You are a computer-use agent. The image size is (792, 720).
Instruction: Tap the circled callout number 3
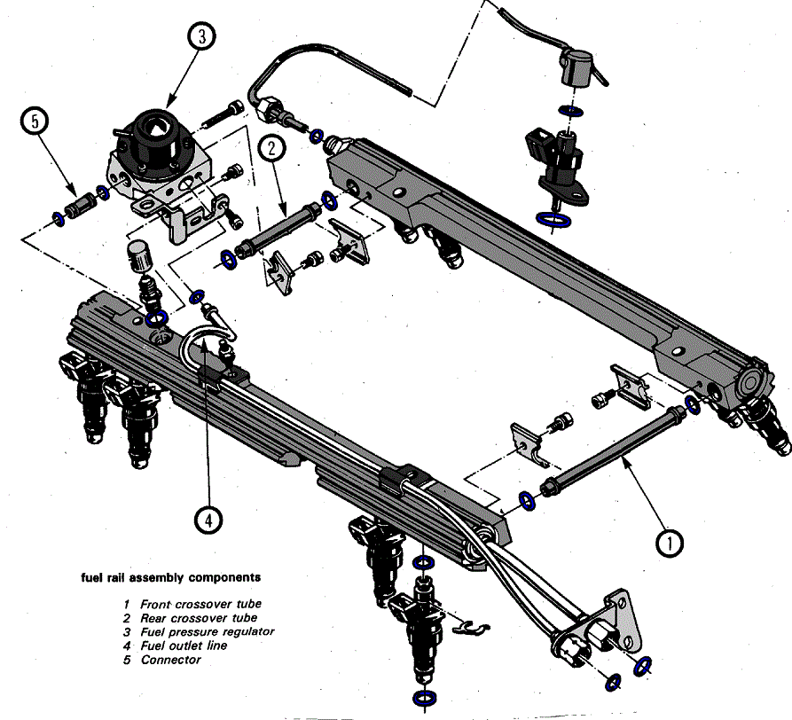click(x=202, y=36)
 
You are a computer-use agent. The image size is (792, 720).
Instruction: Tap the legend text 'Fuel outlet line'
click(x=184, y=646)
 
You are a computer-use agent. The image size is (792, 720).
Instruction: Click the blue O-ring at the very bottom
click(x=424, y=693)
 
